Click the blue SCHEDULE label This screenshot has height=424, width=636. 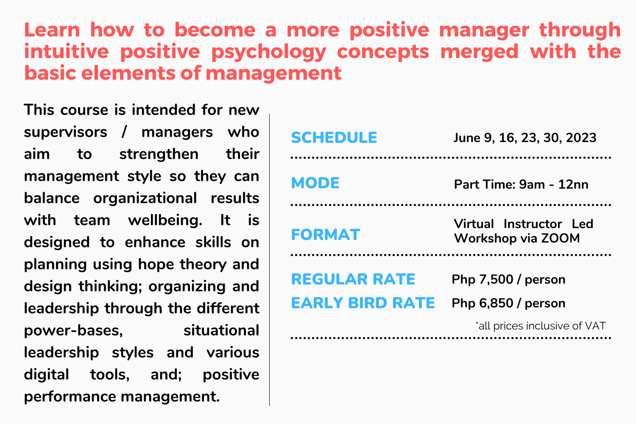tap(334, 138)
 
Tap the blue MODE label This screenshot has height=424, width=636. tap(315, 183)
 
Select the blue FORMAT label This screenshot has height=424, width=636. tap(325, 235)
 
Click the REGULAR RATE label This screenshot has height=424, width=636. tap(353, 279)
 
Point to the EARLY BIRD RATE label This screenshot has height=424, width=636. tap(363, 303)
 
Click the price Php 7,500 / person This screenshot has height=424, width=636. tap(508, 280)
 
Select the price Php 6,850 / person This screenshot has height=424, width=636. tap(508, 304)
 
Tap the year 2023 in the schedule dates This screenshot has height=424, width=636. tap(581, 138)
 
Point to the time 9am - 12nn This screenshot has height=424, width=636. tap(554, 185)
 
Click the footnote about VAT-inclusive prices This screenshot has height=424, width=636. tap(541, 326)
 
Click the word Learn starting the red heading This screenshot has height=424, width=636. tap(52, 30)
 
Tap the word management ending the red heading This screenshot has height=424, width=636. tap(273, 73)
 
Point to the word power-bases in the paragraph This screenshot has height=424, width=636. tap(73, 331)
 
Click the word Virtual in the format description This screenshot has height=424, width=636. tap(474, 224)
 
